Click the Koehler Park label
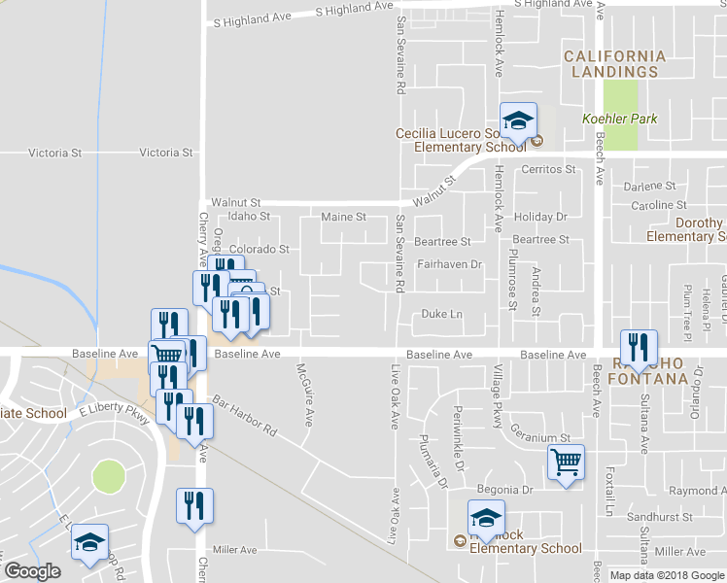click(x=619, y=119)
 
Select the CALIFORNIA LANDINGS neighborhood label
click(x=615, y=64)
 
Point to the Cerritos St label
click(x=548, y=169)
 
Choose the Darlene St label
click(x=650, y=186)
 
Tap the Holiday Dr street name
click(x=540, y=217)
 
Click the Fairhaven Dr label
click(x=449, y=264)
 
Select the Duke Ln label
click(x=441, y=314)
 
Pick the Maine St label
click(x=343, y=217)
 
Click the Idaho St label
click(x=249, y=217)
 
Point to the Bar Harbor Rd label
click(x=245, y=415)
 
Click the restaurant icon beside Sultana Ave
click(x=638, y=349)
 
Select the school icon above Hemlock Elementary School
click(x=486, y=519)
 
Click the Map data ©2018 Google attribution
click(x=667, y=575)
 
